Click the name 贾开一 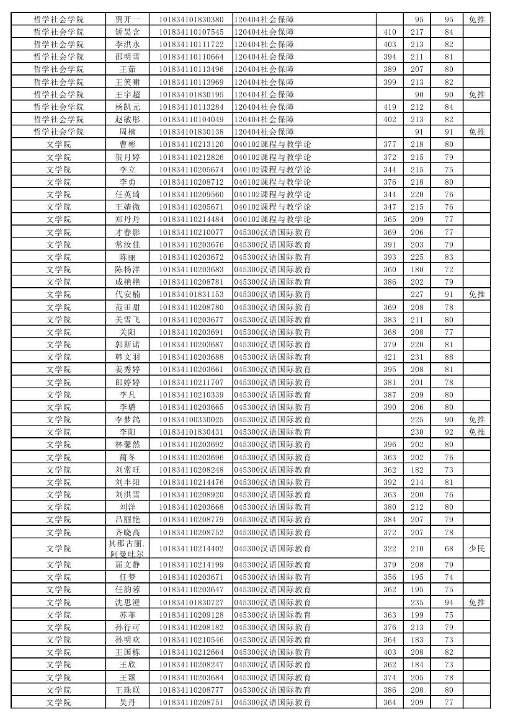(127, 19)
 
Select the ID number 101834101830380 (191, 19)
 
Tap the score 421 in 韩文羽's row (390, 357)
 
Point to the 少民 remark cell (476, 548)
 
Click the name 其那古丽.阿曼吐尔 (127, 548)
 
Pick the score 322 (390, 548)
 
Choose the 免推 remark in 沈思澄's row (476, 602)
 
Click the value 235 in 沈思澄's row (417, 602)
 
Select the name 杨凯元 (127, 107)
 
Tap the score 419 (390, 107)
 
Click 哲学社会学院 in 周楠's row (58, 131)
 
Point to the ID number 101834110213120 (191, 145)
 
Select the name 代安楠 (127, 294)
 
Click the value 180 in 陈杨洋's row (417, 269)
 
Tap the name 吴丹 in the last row (127, 702)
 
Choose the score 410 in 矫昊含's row (390, 32)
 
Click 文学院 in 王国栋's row (58, 652)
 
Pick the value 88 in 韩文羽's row (448, 357)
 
